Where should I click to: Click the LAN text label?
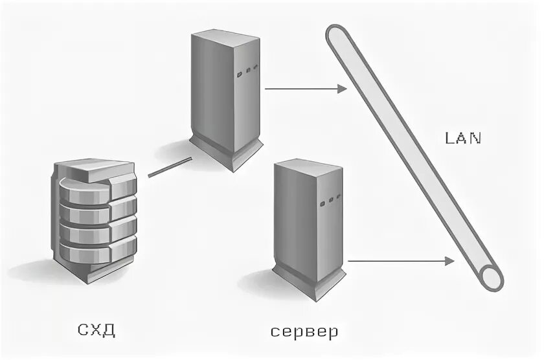tap(463, 138)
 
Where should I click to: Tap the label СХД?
tap(96, 330)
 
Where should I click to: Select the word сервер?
tap(304, 333)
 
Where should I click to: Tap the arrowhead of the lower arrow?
tap(449, 261)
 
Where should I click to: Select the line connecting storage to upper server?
tap(170, 167)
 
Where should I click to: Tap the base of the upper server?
tap(226, 152)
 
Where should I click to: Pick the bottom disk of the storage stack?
tap(97, 249)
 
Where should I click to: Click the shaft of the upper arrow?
tap(301, 89)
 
